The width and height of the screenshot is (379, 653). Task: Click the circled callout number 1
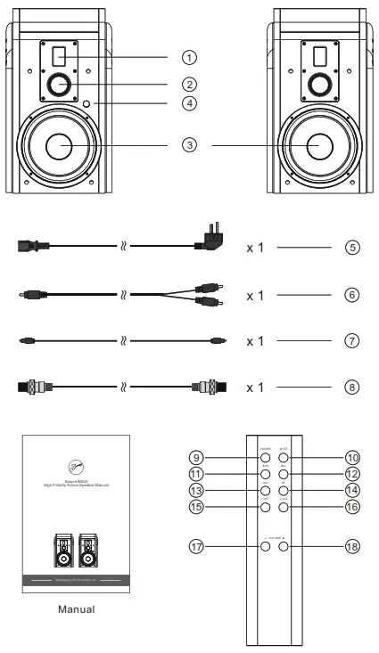pyautogui.click(x=189, y=56)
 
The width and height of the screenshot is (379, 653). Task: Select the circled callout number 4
pyautogui.click(x=189, y=103)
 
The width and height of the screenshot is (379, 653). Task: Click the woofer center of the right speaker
pyautogui.click(x=317, y=145)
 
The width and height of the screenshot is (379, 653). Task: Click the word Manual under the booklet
pyautogui.click(x=76, y=610)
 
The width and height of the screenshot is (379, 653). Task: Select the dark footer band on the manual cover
pyautogui.click(x=76, y=581)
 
